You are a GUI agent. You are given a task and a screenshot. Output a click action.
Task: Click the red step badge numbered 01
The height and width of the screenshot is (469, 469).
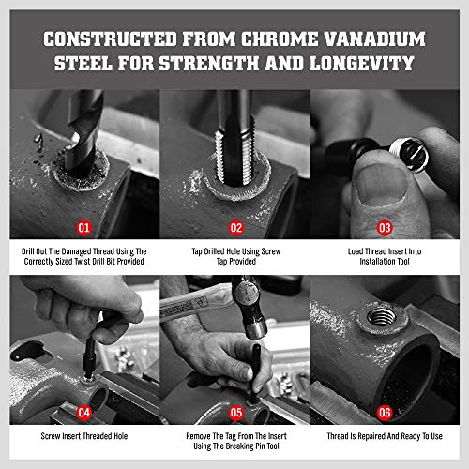pos(83,228)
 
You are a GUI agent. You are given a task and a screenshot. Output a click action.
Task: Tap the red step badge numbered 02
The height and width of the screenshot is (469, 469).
pos(236,228)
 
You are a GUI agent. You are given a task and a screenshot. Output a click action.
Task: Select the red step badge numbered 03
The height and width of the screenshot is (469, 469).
pos(385,228)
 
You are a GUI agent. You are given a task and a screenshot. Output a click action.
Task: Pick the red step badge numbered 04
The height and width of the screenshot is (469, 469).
pos(83,413)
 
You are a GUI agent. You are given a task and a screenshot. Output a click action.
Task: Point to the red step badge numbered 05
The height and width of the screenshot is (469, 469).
pos(236,413)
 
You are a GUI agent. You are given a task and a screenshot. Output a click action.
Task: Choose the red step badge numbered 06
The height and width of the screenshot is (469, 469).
pos(385,413)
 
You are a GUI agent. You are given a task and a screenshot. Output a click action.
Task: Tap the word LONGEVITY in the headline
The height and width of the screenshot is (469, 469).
pos(362,63)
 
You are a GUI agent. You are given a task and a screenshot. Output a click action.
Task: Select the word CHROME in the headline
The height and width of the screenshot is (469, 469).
pos(279,39)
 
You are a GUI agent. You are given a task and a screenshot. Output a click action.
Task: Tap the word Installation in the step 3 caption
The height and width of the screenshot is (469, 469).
pos(377,261)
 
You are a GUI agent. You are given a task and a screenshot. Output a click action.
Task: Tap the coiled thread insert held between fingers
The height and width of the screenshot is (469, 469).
pos(409,154)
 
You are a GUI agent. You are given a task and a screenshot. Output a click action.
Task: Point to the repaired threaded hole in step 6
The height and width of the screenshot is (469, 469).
pos(382,316)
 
